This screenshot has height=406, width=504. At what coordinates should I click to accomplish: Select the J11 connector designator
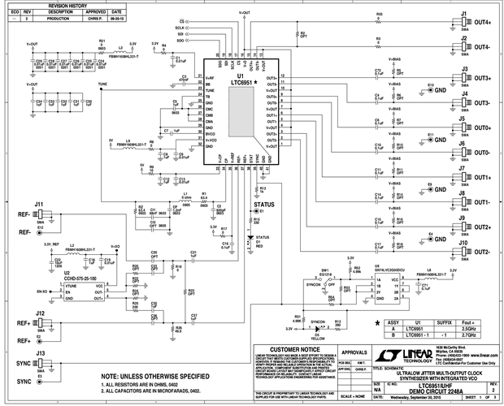[x=38, y=204]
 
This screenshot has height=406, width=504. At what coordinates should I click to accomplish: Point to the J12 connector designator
[x=38, y=313]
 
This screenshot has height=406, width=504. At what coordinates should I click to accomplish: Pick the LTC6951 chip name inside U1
[x=239, y=83]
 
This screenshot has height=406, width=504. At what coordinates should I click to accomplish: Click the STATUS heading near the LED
[x=264, y=205]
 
